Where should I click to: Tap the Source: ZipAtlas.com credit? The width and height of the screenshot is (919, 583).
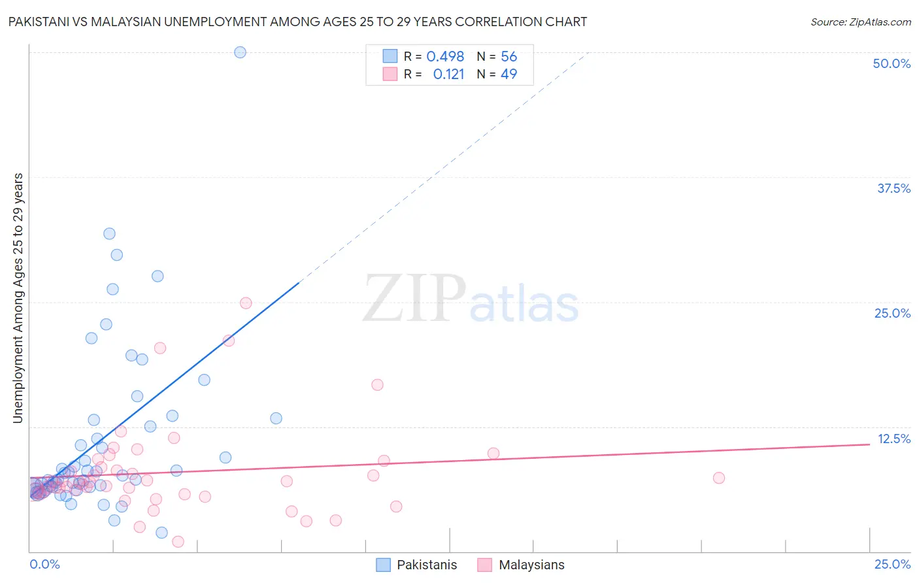pos(860,22)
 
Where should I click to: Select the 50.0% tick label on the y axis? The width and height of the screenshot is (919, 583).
pos(892,63)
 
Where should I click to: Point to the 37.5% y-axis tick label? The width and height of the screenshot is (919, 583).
pos(894,188)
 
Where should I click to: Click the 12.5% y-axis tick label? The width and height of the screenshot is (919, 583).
pos(894,439)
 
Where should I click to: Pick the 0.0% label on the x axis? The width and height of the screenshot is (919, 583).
pos(44,564)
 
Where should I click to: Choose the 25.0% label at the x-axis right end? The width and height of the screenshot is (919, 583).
pos(892,564)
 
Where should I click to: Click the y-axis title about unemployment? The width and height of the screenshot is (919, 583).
pos(18,298)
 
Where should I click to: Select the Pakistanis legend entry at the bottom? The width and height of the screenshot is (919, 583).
pos(427,565)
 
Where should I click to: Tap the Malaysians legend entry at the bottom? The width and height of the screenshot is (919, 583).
pos(531,565)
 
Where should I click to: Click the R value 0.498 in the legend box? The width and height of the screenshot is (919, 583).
pos(445,57)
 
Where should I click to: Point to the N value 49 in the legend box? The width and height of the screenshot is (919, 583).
pos(509,75)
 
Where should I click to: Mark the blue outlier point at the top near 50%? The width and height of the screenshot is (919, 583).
pos(240,52)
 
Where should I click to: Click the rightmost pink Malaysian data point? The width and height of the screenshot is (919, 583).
pos(718,478)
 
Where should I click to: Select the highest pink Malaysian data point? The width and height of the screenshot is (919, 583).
pos(246,303)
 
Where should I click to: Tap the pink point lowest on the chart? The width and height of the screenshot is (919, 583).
pos(178,541)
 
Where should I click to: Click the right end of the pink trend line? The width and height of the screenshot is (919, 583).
pos(869,444)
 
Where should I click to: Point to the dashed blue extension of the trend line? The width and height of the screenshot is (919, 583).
pos(444,167)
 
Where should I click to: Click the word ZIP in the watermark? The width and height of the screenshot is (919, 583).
pos(414,298)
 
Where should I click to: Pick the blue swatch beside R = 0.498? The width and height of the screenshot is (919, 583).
pos(390,57)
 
